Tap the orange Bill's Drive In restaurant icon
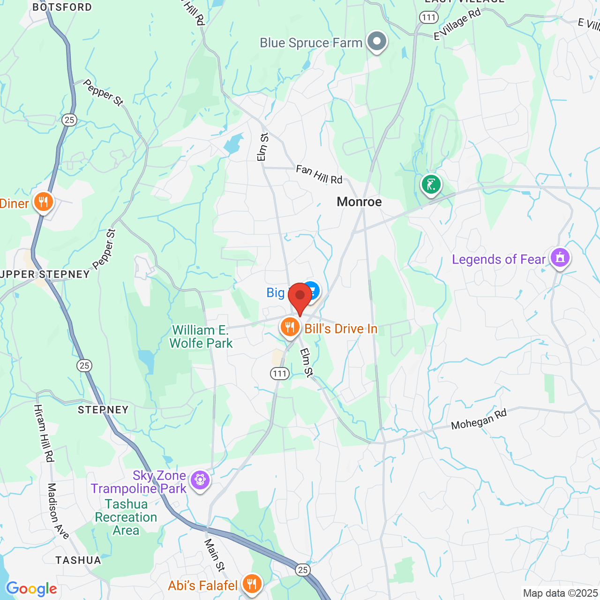290,327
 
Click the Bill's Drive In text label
341,329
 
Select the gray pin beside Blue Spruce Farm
376,41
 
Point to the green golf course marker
431,184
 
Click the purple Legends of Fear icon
560,258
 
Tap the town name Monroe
359,202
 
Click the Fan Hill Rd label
319,174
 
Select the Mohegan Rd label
479,419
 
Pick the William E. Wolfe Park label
201,337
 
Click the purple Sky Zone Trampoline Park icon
200,480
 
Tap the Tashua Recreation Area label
126,517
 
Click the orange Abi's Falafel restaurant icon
252,584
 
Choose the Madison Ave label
58,511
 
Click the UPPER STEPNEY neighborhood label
45,274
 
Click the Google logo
31,589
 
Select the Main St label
214,555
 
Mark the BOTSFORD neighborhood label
62,7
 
